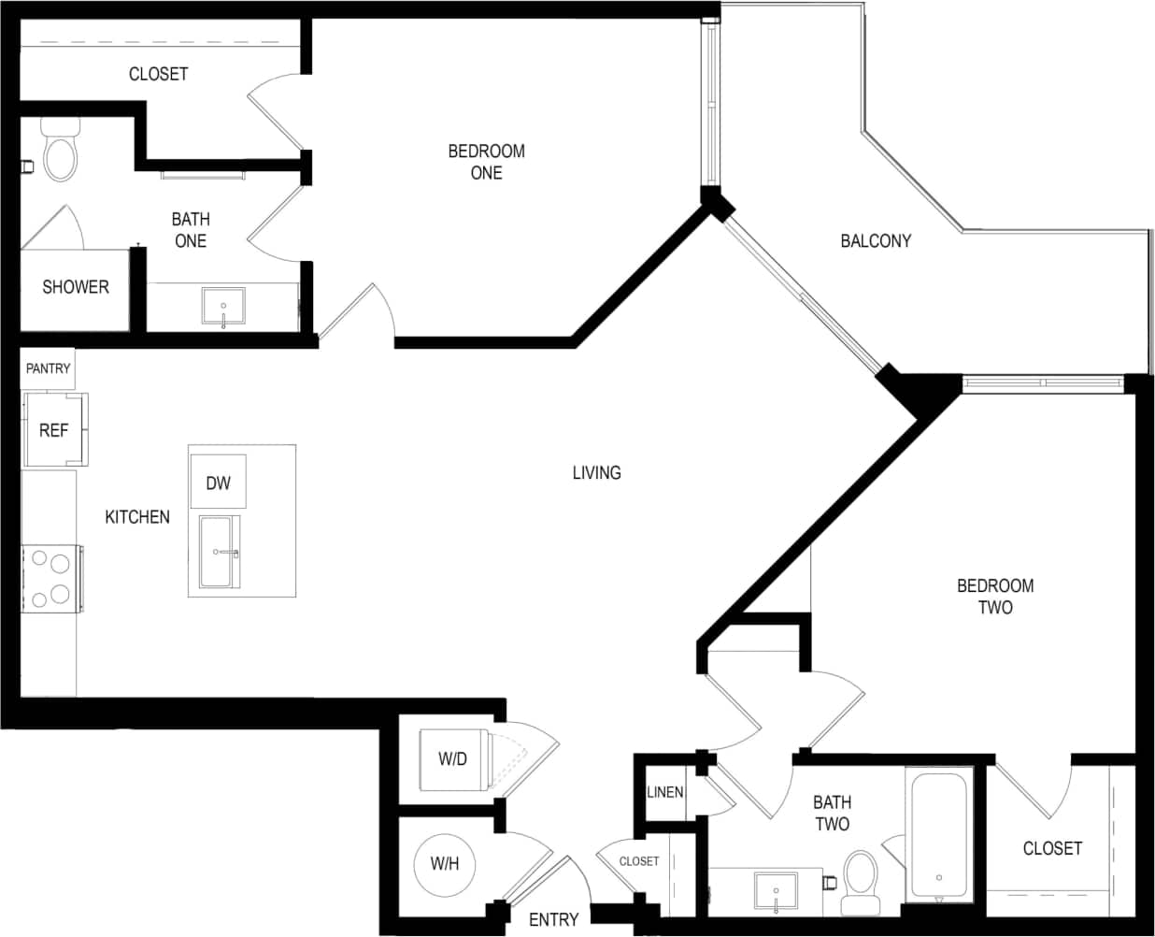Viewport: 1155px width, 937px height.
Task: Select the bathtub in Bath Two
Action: point(938,836)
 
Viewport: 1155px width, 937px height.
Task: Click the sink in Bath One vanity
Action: point(223,307)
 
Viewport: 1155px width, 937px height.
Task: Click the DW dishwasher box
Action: point(218,483)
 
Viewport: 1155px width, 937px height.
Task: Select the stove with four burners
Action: point(50,578)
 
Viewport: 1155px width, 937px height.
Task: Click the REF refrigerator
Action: point(54,430)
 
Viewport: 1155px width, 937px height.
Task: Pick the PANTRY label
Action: point(48,368)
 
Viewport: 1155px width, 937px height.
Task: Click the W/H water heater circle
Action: point(445,863)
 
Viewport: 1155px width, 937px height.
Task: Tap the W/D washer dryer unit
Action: point(452,758)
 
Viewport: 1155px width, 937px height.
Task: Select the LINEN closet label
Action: point(664,792)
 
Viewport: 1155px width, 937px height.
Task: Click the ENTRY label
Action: point(553,919)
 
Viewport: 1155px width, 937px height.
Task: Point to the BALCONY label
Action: point(876,240)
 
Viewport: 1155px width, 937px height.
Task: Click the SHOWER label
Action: point(76,287)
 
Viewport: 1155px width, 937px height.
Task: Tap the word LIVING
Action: point(596,472)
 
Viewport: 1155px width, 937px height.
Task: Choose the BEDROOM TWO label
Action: point(995,597)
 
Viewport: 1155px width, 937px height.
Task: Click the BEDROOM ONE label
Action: point(486,162)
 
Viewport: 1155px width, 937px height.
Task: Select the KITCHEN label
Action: point(137,516)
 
